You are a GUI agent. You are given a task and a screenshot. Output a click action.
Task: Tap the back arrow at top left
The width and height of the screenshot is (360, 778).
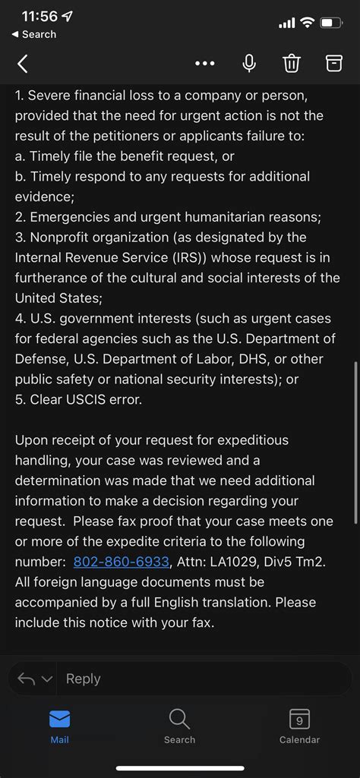coord(23,64)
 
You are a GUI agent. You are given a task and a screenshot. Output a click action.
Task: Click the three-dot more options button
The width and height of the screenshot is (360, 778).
coord(205,64)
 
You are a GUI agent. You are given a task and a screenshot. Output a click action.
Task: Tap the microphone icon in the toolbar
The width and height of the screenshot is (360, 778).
coord(249,64)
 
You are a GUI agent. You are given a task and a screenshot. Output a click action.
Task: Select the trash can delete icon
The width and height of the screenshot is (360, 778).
coord(292,64)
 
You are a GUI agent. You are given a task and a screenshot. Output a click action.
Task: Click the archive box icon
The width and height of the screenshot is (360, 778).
coord(334,64)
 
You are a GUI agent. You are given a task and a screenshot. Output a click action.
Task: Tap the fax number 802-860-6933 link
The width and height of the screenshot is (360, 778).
coord(122,562)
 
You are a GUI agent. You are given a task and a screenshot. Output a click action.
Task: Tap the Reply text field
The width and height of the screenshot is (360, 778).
coord(205,679)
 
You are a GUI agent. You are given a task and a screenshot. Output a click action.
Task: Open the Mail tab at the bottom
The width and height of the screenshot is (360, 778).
coord(59,726)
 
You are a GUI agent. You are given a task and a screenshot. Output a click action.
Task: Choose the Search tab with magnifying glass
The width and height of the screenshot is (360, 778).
coord(179,726)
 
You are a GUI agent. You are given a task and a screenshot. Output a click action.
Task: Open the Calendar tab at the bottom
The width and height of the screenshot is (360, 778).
coord(299,726)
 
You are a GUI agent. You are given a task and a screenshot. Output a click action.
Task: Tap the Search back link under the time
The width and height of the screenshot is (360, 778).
coord(34,34)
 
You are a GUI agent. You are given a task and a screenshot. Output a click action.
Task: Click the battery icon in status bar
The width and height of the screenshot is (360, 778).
coord(331,23)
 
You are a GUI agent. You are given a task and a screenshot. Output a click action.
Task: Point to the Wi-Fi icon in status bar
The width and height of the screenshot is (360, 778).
coord(308,23)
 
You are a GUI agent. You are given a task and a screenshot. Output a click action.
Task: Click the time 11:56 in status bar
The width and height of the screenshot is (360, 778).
coord(39,16)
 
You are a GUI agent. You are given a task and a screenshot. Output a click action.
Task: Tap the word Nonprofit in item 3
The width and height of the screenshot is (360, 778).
coord(63,238)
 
